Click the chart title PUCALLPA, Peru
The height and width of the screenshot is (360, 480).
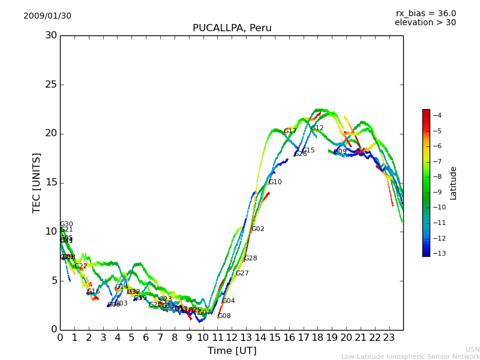coord(232,28)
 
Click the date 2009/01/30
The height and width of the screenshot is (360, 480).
coord(47,16)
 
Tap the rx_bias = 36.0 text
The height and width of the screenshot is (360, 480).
coord(425,13)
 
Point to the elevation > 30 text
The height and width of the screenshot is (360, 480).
coord(425,23)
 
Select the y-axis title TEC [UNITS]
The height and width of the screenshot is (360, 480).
coord(37,182)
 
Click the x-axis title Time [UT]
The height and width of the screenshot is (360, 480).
coord(232,351)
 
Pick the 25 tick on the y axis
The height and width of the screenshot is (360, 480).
coord(51,85)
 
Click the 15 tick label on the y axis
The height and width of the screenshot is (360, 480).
coord(51,182)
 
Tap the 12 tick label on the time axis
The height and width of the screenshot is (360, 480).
coord(232,337)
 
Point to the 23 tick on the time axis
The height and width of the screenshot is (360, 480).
coord(389,337)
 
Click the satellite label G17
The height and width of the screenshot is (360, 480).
coord(290,131)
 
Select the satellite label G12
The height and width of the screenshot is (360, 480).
coord(317,128)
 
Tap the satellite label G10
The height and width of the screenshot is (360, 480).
coord(275,182)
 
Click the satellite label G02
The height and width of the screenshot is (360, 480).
coord(257,229)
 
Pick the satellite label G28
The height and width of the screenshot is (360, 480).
coord(250,259)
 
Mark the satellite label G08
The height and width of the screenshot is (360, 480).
coord(224,316)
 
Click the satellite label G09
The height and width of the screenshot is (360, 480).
coord(340,152)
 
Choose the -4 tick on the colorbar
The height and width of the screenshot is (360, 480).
coord(437,116)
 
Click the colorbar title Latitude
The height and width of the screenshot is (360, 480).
coord(454,182)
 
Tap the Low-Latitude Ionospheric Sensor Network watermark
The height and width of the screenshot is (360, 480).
coord(410,356)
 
